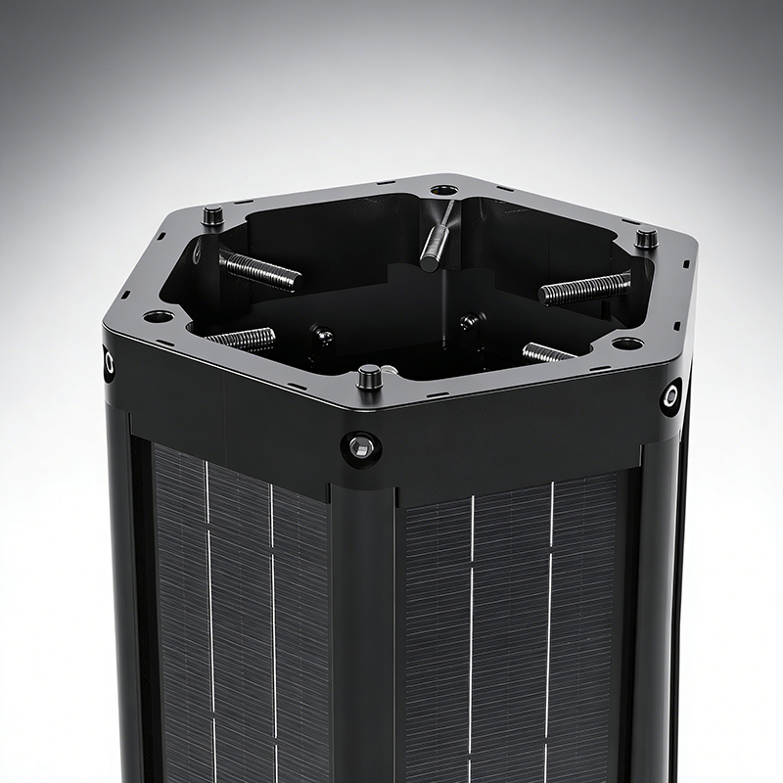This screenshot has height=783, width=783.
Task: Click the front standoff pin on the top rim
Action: [369, 376]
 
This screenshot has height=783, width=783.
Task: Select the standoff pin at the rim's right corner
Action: [646, 238]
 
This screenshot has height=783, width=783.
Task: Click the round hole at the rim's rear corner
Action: [443, 189]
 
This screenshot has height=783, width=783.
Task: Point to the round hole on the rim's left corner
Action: [158, 316]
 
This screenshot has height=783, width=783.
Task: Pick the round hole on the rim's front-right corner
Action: [626, 344]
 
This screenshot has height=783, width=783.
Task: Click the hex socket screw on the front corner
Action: [361, 448]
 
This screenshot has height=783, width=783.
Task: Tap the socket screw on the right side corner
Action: [671, 396]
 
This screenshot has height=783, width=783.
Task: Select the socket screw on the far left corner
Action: [109, 364]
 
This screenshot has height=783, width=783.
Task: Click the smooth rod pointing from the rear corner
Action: [436, 240]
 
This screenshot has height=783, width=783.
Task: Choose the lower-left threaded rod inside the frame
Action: [242, 339]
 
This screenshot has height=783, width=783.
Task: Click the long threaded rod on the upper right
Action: [585, 288]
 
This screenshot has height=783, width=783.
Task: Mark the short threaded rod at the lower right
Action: [548, 352]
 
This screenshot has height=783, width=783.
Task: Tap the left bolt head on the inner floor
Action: [323, 336]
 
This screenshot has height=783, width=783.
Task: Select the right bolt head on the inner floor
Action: [470, 320]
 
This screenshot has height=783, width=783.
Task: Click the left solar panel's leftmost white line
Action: [208, 607]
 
